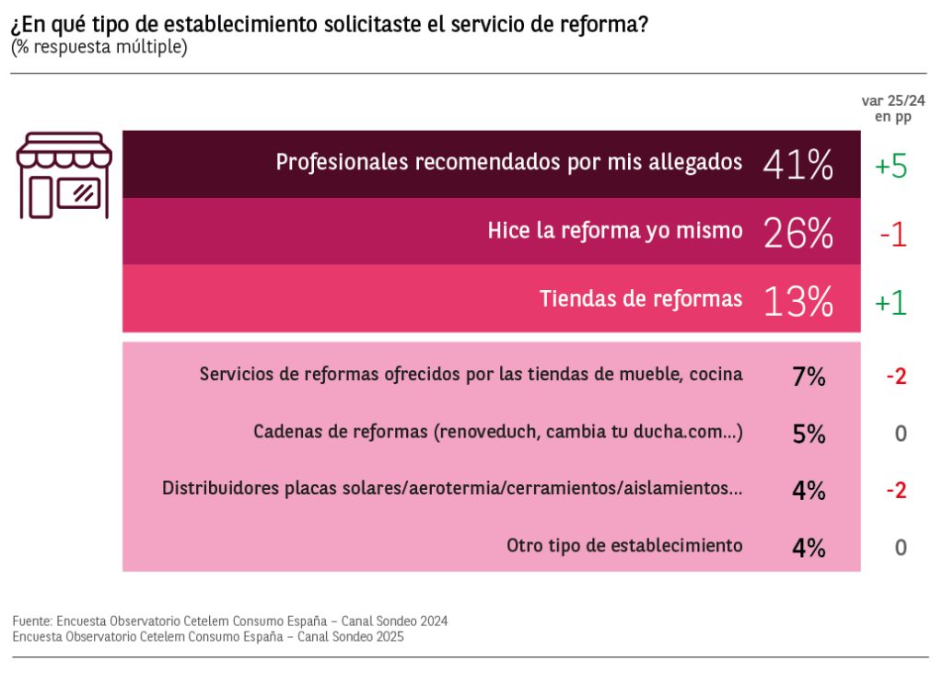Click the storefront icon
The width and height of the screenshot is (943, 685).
tap(64, 175)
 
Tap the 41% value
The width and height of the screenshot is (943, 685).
tap(797, 165)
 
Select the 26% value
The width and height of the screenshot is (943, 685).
tap(797, 233)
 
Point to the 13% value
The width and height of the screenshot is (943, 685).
tap(797, 301)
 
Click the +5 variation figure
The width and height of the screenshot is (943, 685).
tap(891, 166)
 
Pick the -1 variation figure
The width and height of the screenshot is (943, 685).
tap(892, 235)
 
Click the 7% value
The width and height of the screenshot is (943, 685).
tap(809, 376)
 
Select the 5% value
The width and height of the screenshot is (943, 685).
tap(809, 434)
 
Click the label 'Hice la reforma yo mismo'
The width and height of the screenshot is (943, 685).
tap(614, 231)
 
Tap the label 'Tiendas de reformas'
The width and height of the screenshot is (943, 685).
tap(641, 298)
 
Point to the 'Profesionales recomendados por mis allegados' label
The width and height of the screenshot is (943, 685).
tap(508, 162)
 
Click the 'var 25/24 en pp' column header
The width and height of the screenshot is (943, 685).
tap(892, 109)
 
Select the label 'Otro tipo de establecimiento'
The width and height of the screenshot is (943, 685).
tap(624, 545)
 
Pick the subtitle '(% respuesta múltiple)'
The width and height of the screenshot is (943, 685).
tap(99, 47)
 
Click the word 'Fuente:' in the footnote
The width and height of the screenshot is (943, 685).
tap(32, 621)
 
